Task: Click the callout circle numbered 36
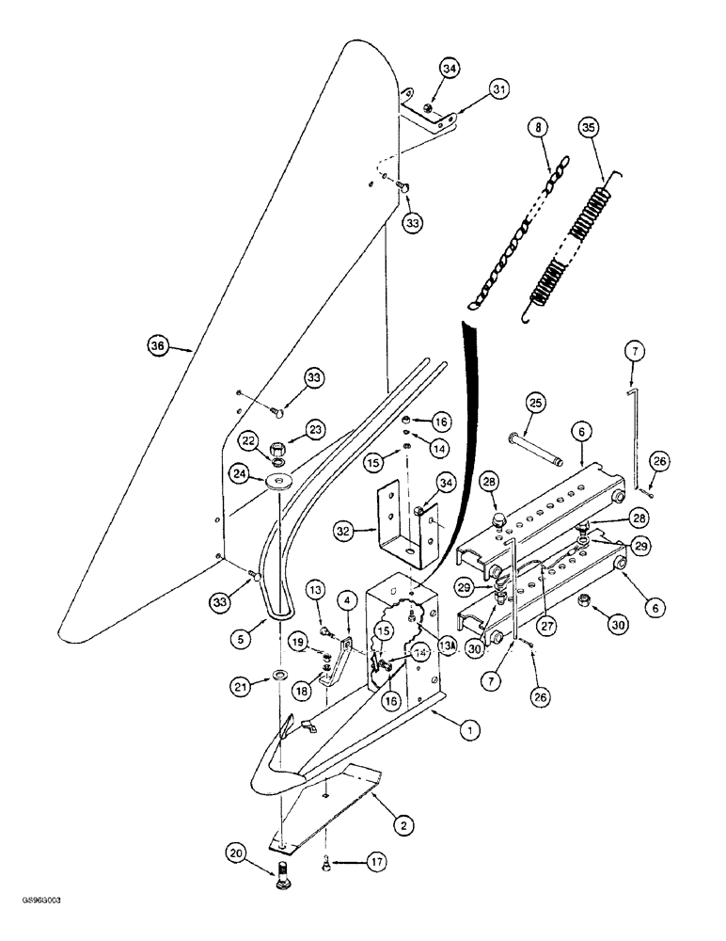(x=158, y=345)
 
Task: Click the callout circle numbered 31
(x=498, y=89)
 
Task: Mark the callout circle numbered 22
(x=248, y=439)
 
